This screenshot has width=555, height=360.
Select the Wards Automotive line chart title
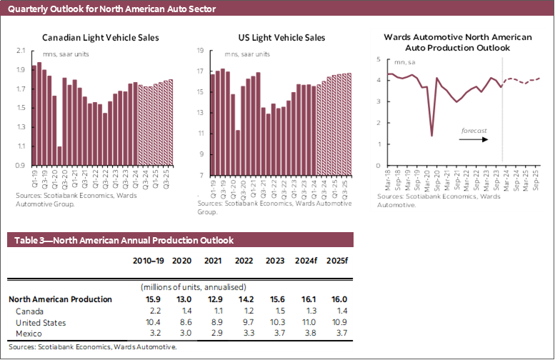click(457, 41)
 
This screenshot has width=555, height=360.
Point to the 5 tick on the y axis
click(379, 59)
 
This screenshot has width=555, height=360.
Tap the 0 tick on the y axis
click(379, 166)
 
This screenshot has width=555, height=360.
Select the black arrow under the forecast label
click(473, 139)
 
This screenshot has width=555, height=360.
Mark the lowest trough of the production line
click(431, 135)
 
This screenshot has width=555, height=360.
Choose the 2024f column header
click(305, 261)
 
